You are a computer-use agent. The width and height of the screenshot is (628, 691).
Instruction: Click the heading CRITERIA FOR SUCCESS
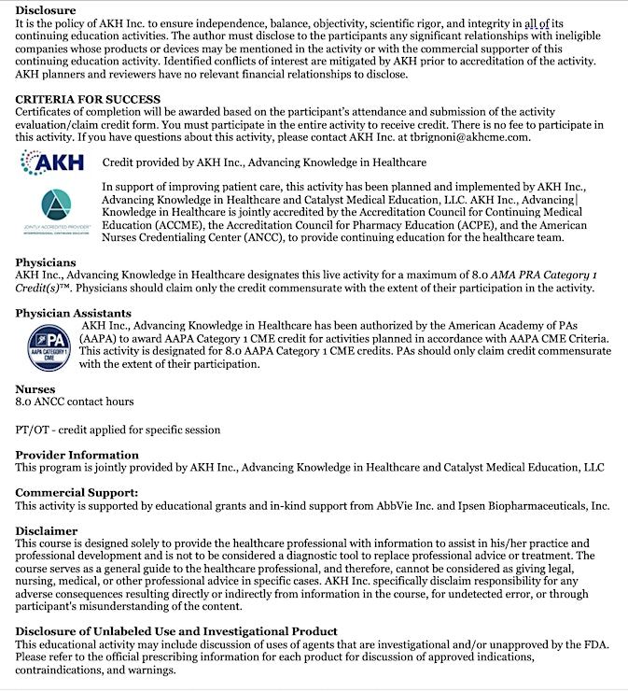88,99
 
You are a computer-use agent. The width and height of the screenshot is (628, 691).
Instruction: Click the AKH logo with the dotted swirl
52,162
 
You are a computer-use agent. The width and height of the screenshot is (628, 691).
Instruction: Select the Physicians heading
46,262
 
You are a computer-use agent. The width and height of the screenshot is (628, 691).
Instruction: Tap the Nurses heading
35,388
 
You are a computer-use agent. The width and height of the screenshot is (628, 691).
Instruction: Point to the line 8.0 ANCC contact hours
75,402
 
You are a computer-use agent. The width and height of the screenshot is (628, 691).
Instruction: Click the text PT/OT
34,430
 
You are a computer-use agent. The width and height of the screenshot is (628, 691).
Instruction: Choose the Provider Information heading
77,455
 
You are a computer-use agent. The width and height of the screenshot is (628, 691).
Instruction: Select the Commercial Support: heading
77,492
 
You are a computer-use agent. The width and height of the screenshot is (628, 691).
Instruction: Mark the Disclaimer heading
47,530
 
